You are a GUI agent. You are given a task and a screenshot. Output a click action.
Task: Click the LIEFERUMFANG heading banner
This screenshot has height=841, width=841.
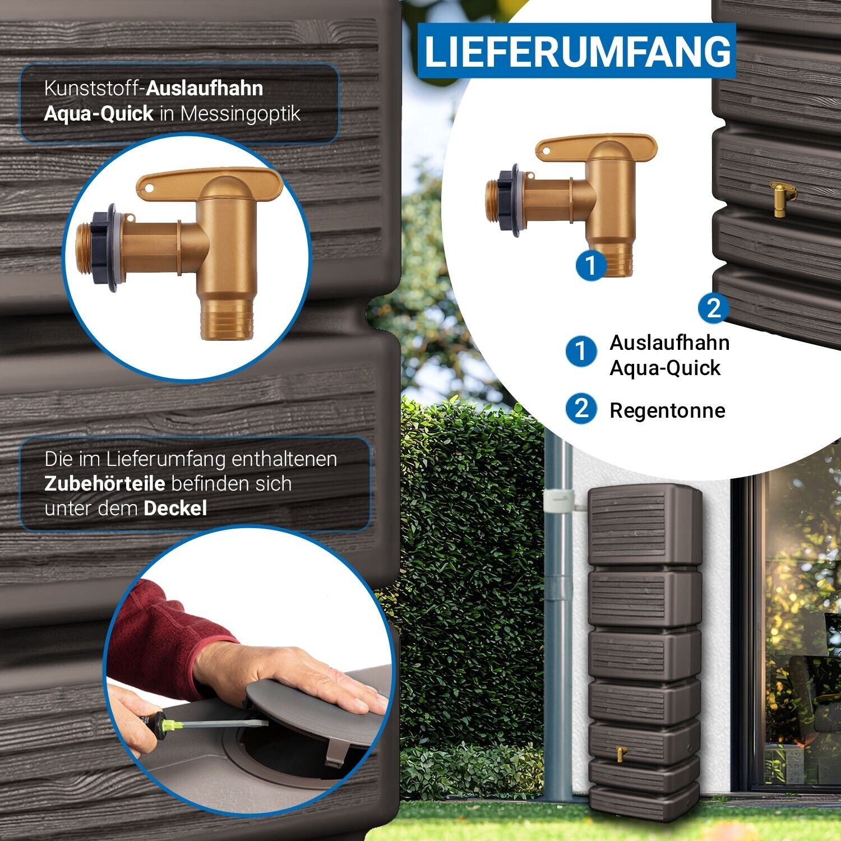[x=576, y=50]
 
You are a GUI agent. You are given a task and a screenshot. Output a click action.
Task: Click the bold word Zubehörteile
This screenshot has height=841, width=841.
[x=105, y=483]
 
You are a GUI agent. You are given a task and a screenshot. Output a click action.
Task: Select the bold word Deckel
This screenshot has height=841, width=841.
[x=175, y=509]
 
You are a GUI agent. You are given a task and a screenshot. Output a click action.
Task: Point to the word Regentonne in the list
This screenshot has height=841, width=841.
[x=667, y=410]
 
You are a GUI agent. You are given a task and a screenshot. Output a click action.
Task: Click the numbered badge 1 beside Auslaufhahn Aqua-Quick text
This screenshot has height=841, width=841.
[x=581, y=352]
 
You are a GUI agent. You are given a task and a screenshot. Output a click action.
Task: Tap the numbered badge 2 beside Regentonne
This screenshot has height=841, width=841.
[x=581, y=409]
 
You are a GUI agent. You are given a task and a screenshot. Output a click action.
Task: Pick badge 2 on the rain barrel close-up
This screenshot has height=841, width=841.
[x=713, y=308]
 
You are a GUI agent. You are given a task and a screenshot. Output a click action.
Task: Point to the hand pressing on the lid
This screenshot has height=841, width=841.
[x=303, y=678]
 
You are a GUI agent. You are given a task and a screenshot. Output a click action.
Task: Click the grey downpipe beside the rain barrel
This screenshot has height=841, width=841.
[x=558, y=617]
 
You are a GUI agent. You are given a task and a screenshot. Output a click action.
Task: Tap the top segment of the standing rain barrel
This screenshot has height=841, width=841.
[x=645, y=525]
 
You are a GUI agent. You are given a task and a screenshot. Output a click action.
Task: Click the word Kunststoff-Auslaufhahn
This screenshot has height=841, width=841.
[x=153, y=89]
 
